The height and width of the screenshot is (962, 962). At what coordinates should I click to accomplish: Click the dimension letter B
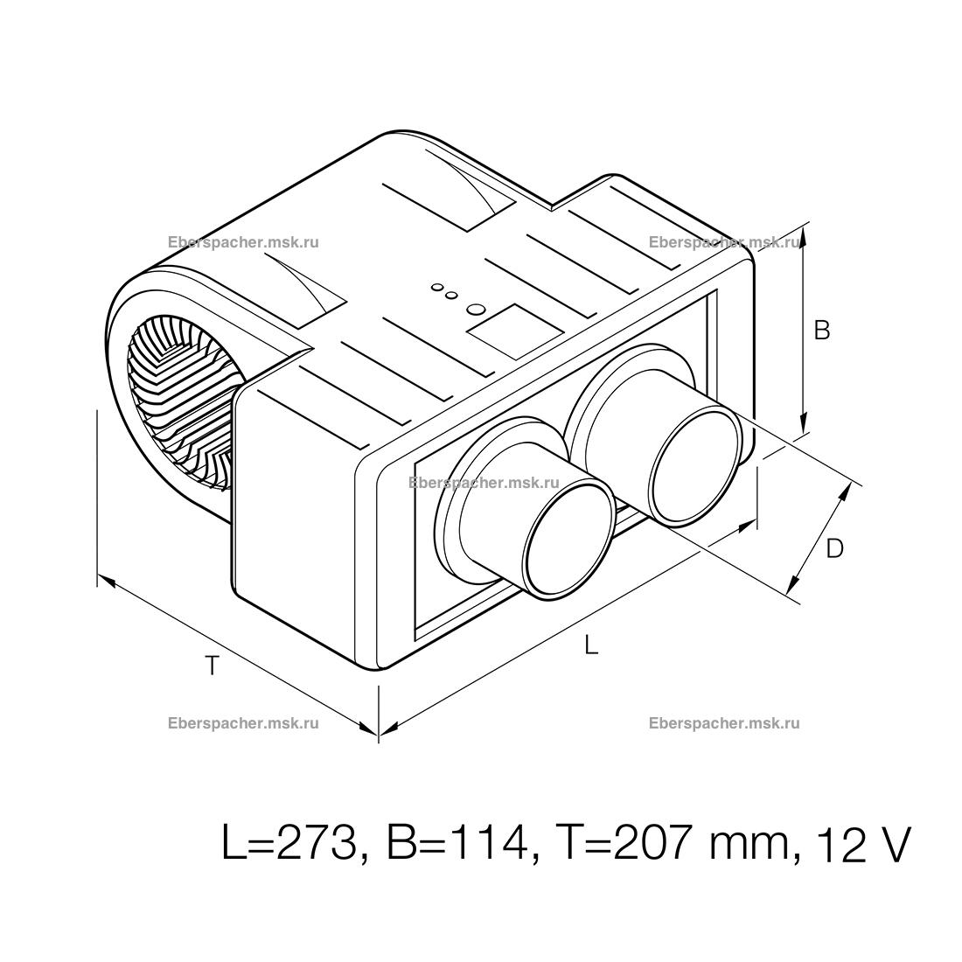(x=821, y=331)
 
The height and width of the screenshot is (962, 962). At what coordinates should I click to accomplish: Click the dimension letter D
(x=835, y=548)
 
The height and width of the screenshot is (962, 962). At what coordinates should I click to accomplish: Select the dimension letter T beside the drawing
(x=212, y=666)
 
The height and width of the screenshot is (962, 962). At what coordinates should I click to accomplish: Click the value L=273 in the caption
(x=289, y=845)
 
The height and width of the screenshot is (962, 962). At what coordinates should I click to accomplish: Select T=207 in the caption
(x=621, y=845)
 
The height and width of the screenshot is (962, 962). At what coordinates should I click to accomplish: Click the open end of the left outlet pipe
(x=569, y=538)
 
